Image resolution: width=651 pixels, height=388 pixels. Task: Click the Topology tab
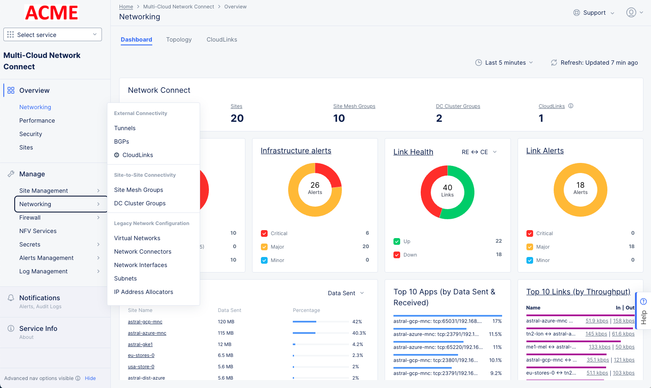tap(179, 39)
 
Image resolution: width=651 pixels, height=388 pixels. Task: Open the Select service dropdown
tap(52, 34)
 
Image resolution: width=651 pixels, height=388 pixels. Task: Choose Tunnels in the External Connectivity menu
tap(125, 128)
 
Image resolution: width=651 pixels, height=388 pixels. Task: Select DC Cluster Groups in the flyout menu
tap(140, 203)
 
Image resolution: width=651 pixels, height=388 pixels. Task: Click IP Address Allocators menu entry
tap(143, 292)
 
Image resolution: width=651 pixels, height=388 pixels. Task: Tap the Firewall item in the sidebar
tap(30, 218)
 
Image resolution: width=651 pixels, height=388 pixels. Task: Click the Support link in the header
tap(594, 13)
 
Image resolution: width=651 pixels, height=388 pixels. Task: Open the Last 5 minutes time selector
tap(505, 63)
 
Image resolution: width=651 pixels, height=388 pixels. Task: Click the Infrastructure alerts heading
tap(296, 151)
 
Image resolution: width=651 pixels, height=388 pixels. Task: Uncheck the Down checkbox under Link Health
tap(397, 255)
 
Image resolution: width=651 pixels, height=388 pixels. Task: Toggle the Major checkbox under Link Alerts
tap(530, 247)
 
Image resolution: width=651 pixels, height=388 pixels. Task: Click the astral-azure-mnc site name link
tap(147, 333)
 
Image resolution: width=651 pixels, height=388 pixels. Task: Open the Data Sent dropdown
tap(346, 293)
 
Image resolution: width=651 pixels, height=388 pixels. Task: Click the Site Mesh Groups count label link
tap(354, 106)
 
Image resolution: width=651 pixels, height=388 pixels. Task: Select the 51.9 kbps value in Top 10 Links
tap(596, 321)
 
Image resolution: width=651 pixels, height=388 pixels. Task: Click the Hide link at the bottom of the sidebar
tap(90, 378)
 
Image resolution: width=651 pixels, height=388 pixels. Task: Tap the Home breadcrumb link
tap(126, 7)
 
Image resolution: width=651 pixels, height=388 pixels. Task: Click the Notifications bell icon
tap(11, 298)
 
